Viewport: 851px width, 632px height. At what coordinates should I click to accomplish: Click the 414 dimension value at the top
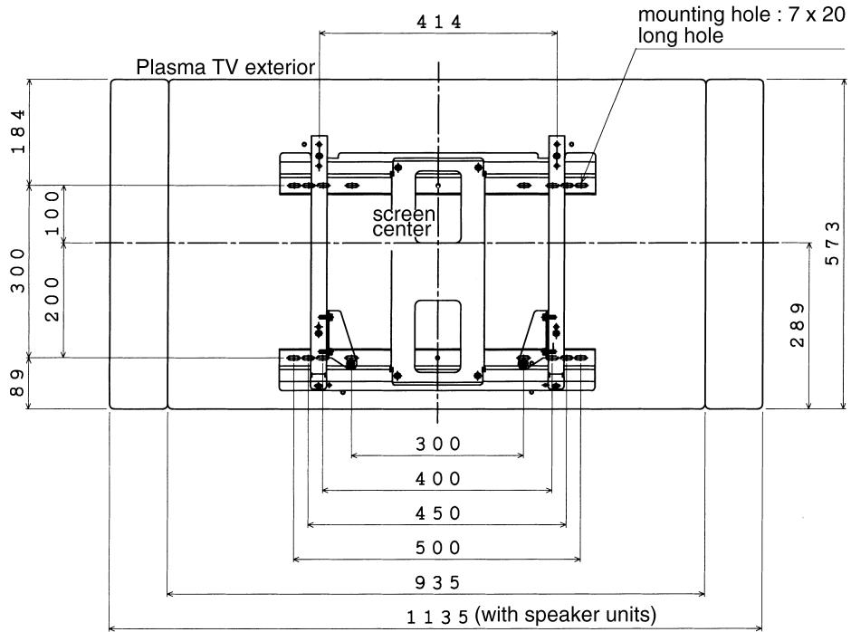pos(438,23)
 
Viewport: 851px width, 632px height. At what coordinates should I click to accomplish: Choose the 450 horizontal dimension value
pos(438,512)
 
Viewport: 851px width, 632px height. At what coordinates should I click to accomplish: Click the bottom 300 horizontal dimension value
pos(438,444)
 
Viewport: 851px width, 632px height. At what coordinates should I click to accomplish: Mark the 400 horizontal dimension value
pos(438,478)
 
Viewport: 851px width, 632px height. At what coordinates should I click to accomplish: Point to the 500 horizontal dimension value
pos(438,547)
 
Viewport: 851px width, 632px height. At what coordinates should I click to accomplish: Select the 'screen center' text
pos(405,222)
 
